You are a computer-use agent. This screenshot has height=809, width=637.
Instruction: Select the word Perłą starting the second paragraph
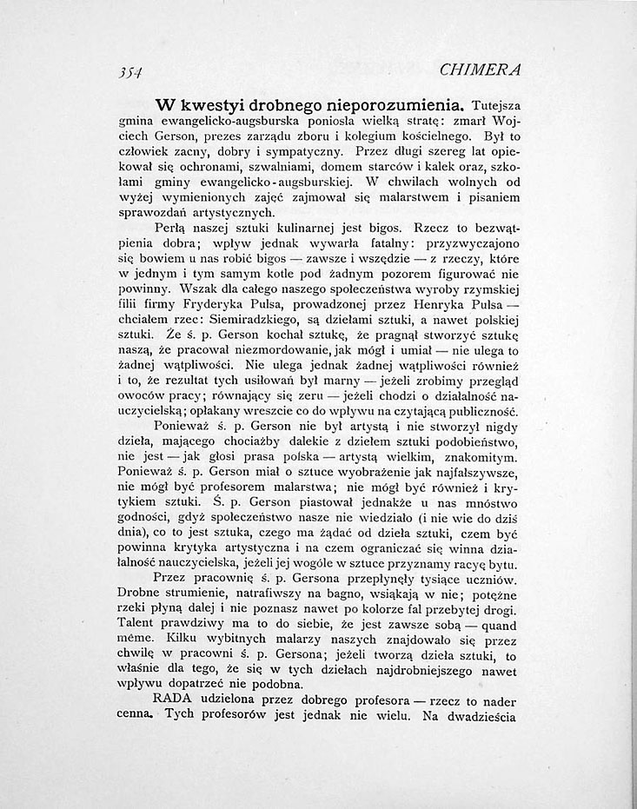pyautogui.click(x=171, y=228)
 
